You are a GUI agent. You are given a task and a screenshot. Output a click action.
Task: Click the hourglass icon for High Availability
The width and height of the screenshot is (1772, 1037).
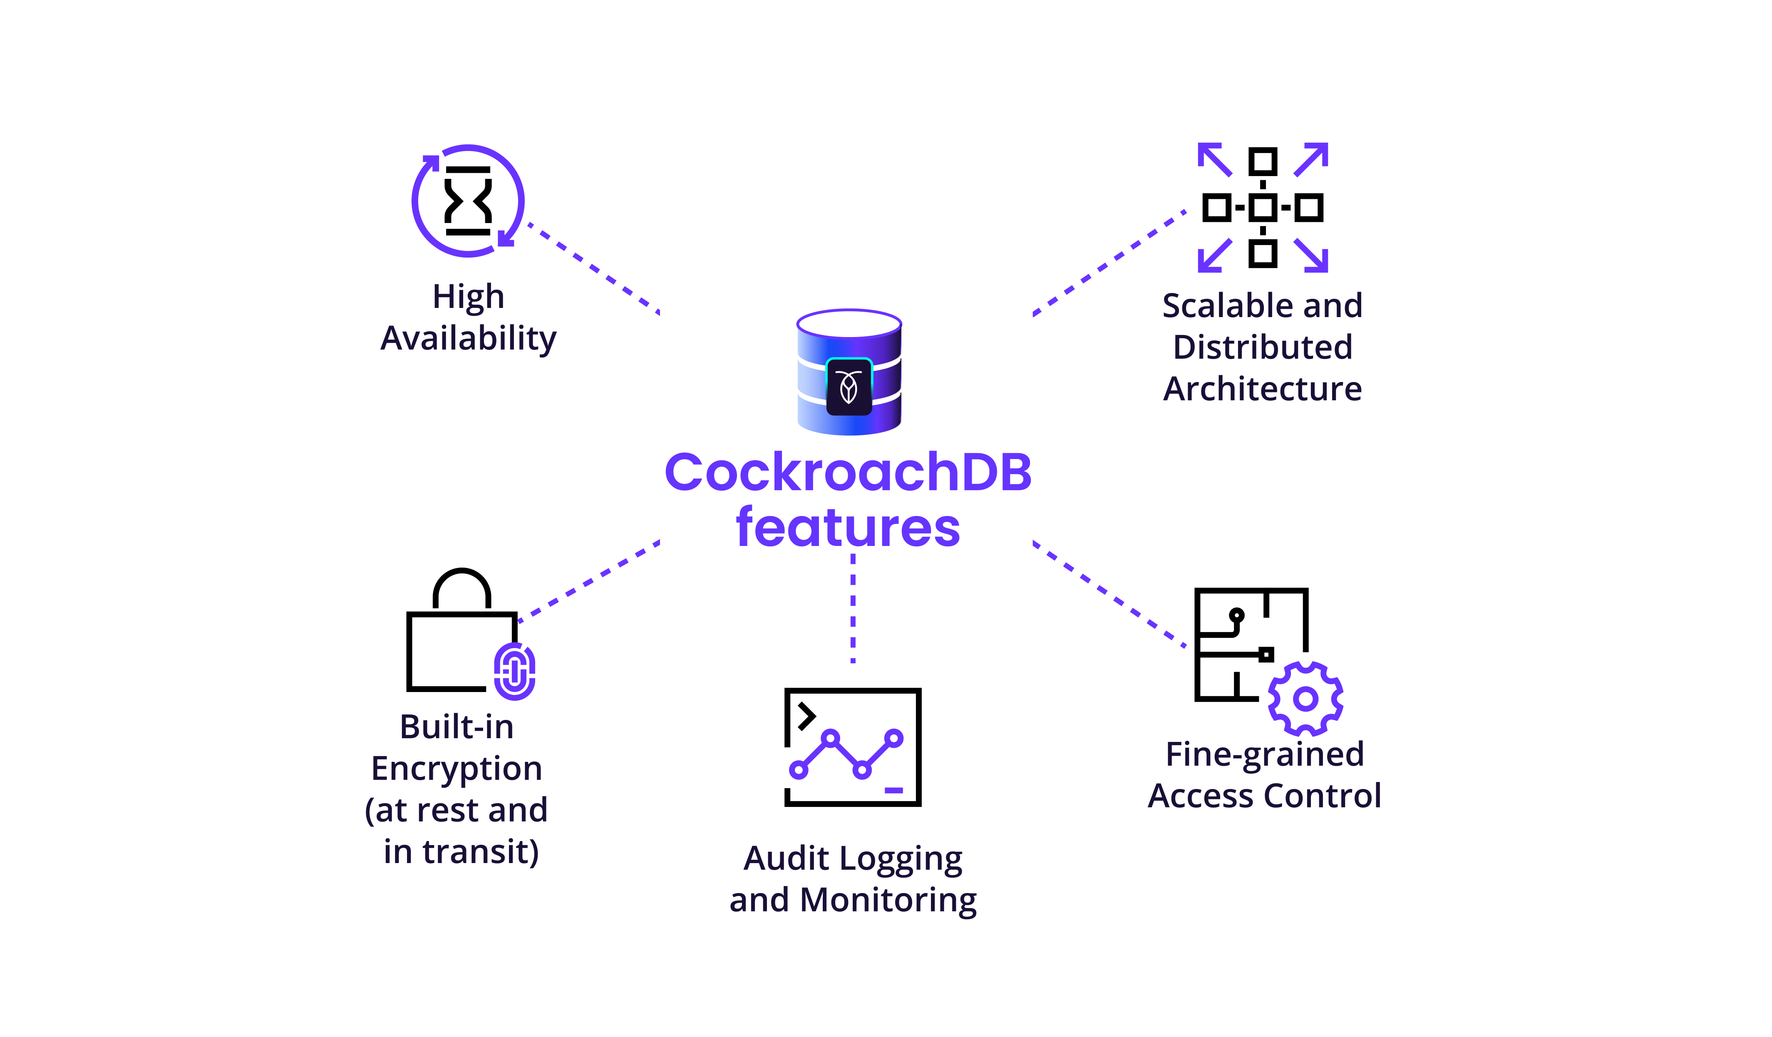[x=468, y=201]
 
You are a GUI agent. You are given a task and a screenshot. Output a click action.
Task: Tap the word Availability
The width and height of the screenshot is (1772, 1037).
[x=468, y=339]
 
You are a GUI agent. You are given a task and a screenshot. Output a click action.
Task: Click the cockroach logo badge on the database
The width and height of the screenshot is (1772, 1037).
[x=849, y=387]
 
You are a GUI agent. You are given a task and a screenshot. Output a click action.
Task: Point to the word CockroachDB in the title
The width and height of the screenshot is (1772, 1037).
[x=848, y=472]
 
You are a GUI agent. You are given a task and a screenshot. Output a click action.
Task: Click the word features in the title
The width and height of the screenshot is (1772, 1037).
[x=848, y=528]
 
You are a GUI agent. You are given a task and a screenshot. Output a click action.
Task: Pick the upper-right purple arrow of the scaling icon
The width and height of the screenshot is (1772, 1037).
[x=1312, y=159]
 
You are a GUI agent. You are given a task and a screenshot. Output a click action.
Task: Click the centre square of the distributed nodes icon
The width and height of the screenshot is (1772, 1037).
[x=1263, y=207]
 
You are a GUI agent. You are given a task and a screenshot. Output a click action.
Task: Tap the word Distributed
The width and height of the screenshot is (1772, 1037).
[x=1263, y=347]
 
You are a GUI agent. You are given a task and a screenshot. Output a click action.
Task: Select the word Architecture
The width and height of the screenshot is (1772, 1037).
[x=1263, y=389]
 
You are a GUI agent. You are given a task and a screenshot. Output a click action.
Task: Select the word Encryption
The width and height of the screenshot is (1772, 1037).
[x=457, y=769]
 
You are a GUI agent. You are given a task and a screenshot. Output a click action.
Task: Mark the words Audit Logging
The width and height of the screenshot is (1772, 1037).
[x=853, y=858]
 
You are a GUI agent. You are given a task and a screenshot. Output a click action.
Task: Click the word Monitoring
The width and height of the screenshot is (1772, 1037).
[x=888, y=900]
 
